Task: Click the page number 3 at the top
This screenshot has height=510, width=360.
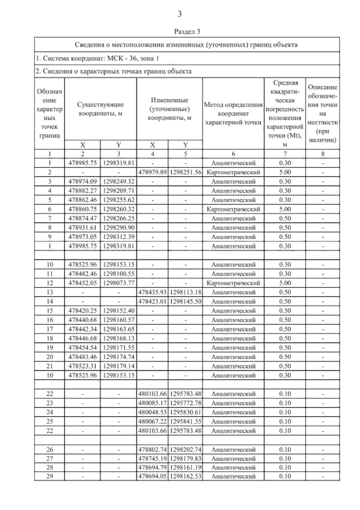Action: (x=180, y=14)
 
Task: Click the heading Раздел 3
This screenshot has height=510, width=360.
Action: (x=187, y=31)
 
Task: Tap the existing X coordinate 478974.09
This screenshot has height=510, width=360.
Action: (x=82, y=181)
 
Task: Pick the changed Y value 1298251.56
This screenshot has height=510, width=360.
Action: (x=185, y=172)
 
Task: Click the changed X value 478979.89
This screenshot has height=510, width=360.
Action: (x=153, y=172)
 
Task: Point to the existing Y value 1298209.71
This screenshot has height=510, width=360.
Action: (x=119, y=191)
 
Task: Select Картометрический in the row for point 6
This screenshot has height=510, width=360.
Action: (x=233, y=209)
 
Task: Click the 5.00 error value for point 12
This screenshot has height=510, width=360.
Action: (x=285, y=283)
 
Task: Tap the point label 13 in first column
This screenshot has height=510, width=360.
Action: (x=50, y=292)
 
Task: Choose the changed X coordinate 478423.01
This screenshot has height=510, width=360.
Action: (x=153, y=301)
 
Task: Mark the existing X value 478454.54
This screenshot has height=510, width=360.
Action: (x=82, y=348)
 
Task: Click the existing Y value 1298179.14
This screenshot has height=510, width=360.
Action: (x=119, y=366)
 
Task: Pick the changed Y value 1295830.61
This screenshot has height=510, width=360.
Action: (x=185, y=412)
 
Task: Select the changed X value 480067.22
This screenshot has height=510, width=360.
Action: (x=153, y=421)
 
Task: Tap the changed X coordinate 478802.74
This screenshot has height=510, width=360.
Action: (x=153, y=450)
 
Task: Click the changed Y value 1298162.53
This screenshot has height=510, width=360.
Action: (x=185, y=476)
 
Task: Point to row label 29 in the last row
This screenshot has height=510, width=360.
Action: (x=50, y=476)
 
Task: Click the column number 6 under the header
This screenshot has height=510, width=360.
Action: (x=233, y=154)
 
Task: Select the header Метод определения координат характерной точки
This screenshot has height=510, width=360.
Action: (x=233, y=114)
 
